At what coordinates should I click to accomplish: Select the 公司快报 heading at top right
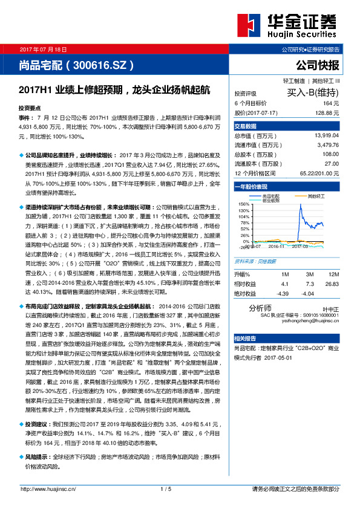coord(318,64)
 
